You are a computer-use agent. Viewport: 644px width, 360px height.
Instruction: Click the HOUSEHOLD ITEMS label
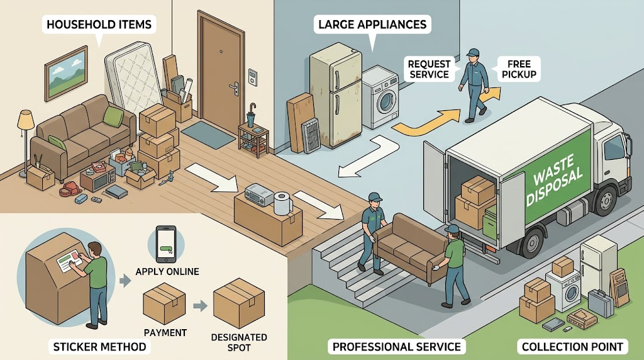(x=99, y=25)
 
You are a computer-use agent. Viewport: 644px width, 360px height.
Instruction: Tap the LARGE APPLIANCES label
(x=372, y=25)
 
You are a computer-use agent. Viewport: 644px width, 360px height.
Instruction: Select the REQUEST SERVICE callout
(x=429, y=69)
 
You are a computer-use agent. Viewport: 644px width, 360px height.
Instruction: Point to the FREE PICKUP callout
(x=519, y=69)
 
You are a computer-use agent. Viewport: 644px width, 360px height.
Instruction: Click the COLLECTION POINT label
(x=572, y=347)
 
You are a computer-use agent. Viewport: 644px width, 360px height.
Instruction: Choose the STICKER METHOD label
(x=100, y=347)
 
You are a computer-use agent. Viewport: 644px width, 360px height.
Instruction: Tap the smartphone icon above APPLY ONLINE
(x=166, y=244)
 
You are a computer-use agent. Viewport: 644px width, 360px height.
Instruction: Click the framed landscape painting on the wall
(x=66, y=73)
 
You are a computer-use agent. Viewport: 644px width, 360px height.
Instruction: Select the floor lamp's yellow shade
(x=25, y=119)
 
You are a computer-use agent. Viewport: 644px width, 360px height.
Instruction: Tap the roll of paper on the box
(x=282, y=203)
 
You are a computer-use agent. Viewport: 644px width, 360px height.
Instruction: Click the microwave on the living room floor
(x=98, y=179)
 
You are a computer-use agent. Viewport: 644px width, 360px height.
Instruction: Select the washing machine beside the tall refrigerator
(x=380, y=97)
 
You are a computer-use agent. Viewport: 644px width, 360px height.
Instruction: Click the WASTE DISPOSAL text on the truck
(x=554, y=179)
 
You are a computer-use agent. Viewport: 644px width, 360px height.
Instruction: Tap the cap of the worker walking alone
(x=473, y=52)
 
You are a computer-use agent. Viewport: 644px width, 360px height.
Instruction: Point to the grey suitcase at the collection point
(x=601, y=303)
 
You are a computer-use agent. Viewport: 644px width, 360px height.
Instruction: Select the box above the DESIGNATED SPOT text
(x=239, y=303)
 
